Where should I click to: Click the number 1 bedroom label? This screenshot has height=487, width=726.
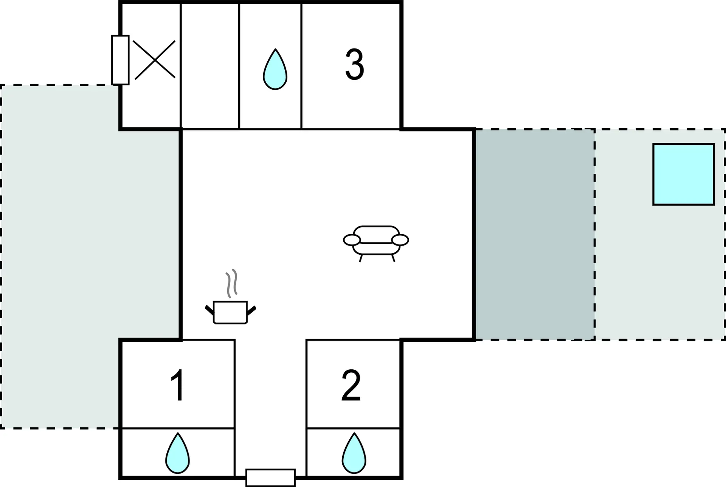click(x=178, y=385)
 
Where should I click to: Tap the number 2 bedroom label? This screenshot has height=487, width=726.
click(x=351, y=385)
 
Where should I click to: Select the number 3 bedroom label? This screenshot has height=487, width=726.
click(x=355, y=64)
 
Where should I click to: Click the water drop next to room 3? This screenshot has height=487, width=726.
click(x=275, y=69)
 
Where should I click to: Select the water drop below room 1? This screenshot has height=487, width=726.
click(x=177, y=453)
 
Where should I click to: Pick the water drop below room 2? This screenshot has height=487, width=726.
click(x=354, y=453)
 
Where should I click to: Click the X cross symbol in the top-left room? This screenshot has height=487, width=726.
click(x=154, y=59)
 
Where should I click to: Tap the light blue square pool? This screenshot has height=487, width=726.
click(x=684, y=174)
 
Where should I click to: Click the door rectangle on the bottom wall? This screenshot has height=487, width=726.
click(x=270, y=478)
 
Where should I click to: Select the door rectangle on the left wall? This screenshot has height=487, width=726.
click(x=120, y=60)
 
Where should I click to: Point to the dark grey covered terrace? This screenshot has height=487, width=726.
click(x=535, y=234)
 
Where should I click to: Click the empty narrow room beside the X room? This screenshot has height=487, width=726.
click(x=210, y=66)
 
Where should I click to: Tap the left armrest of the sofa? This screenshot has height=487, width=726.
click(x=352, y=240)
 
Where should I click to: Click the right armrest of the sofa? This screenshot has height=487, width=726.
click(x=400, y=240)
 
